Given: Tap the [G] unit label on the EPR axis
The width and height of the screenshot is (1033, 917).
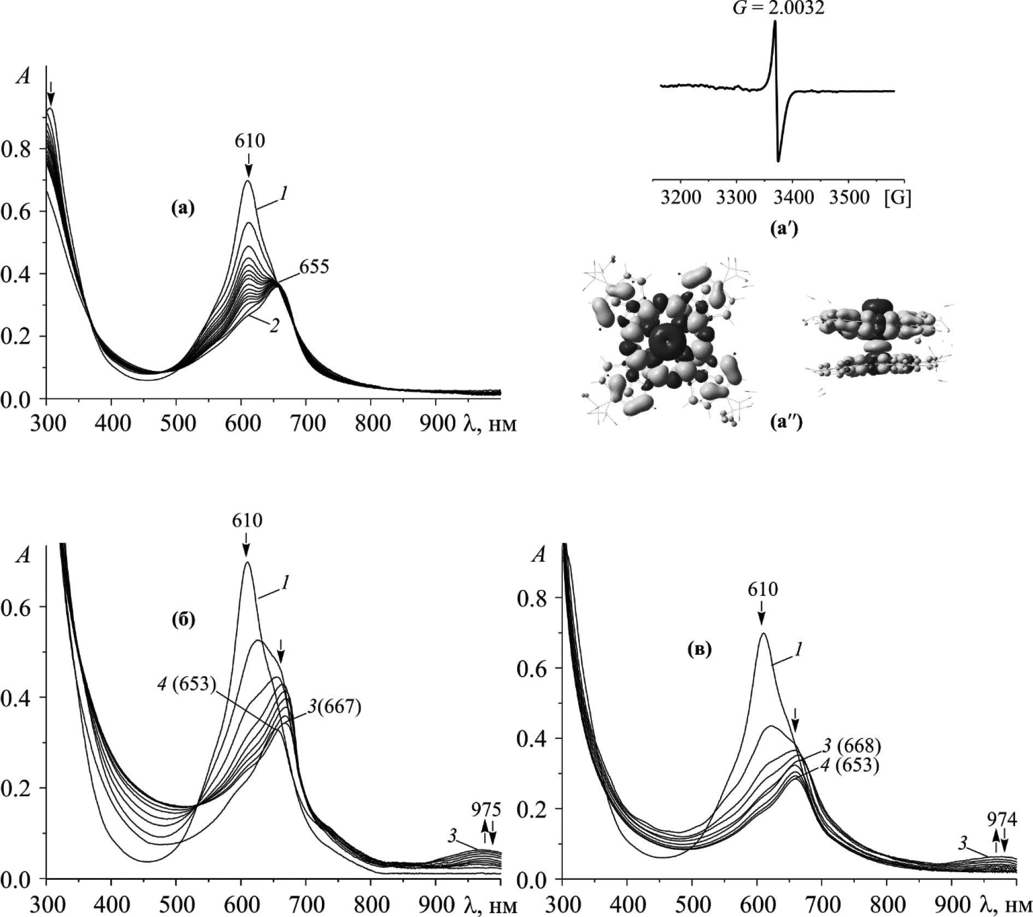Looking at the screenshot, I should (897, 197).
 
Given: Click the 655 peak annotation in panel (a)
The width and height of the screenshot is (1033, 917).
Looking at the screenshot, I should (314, 267).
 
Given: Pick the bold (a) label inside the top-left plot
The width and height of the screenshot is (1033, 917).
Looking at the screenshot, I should (182, 208).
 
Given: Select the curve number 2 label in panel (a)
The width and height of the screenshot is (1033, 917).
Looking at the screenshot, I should (274, 326).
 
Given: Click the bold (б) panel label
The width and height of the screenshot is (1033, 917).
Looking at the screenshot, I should (183, 621).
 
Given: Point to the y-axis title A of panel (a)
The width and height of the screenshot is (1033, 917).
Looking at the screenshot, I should (24, 76).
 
